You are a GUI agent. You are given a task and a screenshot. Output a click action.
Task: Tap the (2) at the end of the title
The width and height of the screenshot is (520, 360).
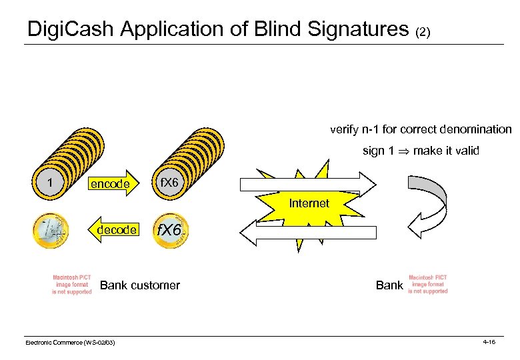coord(427,31)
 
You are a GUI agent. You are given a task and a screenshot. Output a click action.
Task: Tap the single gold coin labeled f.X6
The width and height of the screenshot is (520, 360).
coord(170,231)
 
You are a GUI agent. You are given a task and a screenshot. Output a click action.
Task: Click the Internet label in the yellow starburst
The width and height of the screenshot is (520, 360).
coord(309,203)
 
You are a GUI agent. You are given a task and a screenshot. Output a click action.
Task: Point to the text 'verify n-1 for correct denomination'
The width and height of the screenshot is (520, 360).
coord(420,129)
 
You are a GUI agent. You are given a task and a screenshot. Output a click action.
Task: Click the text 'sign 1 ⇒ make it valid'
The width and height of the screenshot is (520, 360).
coord(420,151)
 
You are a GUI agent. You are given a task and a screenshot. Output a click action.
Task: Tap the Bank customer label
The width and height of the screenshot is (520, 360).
coord(139,285)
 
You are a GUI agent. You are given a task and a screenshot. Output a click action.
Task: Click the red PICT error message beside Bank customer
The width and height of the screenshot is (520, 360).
coord(72,285)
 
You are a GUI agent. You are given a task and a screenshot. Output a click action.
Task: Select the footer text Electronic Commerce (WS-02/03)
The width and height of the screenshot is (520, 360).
coord(70,342)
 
